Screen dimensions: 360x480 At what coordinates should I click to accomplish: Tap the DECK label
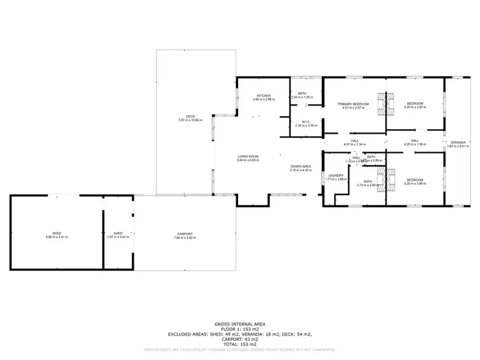pyautogui.click(x=191, y=116)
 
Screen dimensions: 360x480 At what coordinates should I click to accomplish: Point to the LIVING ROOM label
pyautogui.click(x=248, y=156)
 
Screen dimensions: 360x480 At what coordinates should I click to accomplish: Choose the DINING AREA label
pyautogui.click(x=300, y=166)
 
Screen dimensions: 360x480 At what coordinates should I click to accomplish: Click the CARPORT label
pyautogui.click(x=185, y=234)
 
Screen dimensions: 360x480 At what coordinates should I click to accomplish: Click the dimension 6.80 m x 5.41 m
pyautogui.click(x=56, y=237)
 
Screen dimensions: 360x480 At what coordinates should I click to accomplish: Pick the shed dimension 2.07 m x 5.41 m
pyautogui.click(x=118, y=237)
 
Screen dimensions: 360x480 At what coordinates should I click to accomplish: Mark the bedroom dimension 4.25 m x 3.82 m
pyautogui.click(x=415, y=107)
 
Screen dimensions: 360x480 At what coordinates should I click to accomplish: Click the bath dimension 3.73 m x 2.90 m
pyautogui.click(x=368, y=185)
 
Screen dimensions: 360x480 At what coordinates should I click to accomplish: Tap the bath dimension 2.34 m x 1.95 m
pyautogui.click(x=302, y=98)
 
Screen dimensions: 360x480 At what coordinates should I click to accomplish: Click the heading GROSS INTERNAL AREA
pyautogui.click(x=239, y=325)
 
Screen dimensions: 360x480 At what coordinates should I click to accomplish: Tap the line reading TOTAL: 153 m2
pyautogui.click(x=239, y=344)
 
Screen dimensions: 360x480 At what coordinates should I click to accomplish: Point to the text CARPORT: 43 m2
pyautogui.click(x=239, y=339)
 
